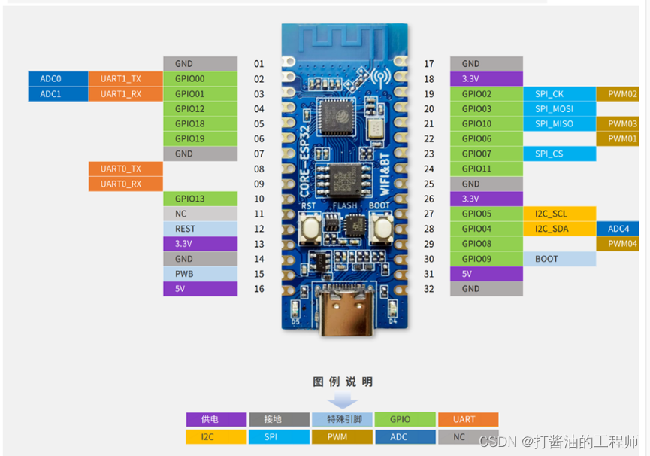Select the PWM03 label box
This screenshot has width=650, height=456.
point(622,124)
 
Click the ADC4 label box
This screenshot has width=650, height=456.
point(622,229)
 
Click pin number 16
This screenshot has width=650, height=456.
point(259,289)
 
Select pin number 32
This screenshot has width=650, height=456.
point(429,289)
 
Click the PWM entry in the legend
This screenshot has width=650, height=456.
point(341,436)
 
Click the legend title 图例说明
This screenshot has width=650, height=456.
point(342,382)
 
